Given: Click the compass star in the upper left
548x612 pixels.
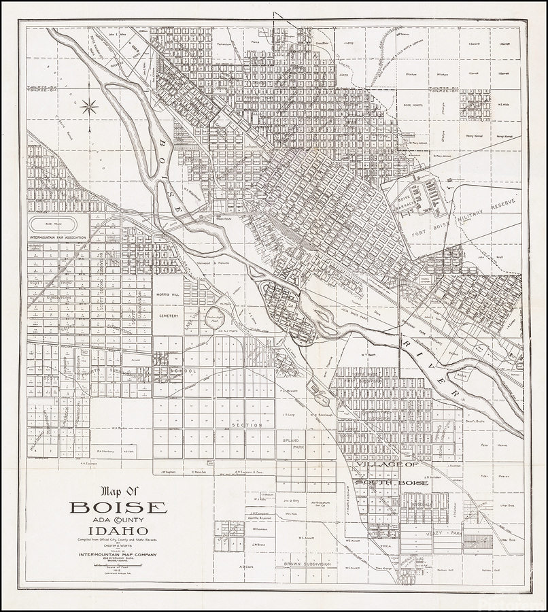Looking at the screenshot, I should pyautogui.click(x=88, y=105).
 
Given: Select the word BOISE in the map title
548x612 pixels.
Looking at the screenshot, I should pyautogui.click(x=118, y=507).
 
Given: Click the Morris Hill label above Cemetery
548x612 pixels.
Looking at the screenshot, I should pyautogui.click(x=167, y=295).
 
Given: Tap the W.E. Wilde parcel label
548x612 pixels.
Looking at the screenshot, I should pyautogui.click(x=504, y=105).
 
